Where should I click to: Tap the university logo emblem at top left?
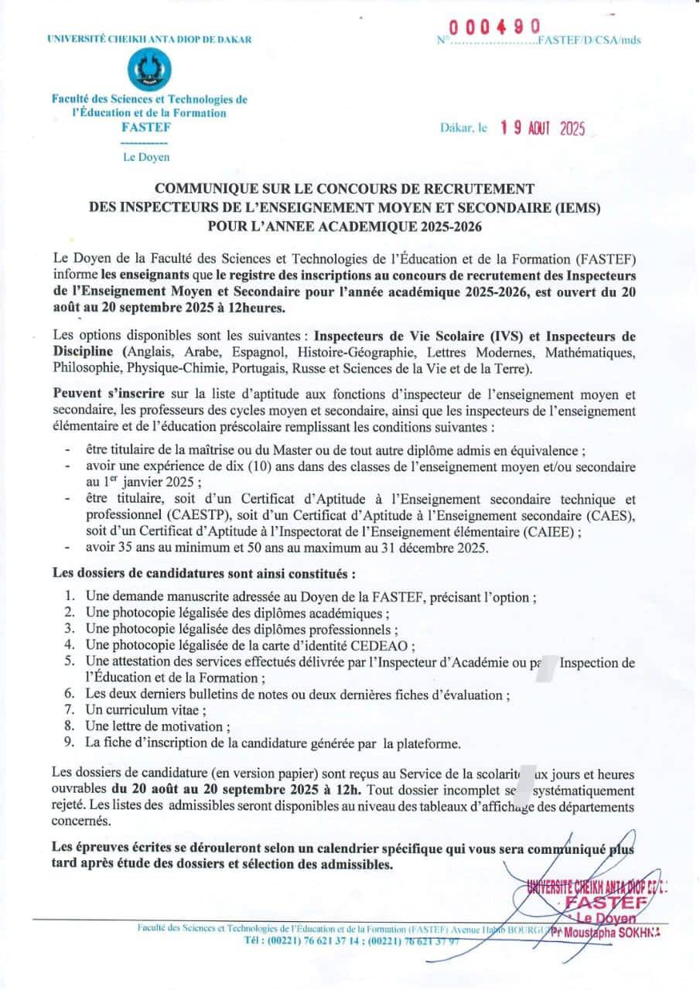coord(149,70)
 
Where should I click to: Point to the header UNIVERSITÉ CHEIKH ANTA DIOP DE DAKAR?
coord(149,39)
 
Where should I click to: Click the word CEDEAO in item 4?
coord(386,645)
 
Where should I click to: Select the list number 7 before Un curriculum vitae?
coord(69,710)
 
